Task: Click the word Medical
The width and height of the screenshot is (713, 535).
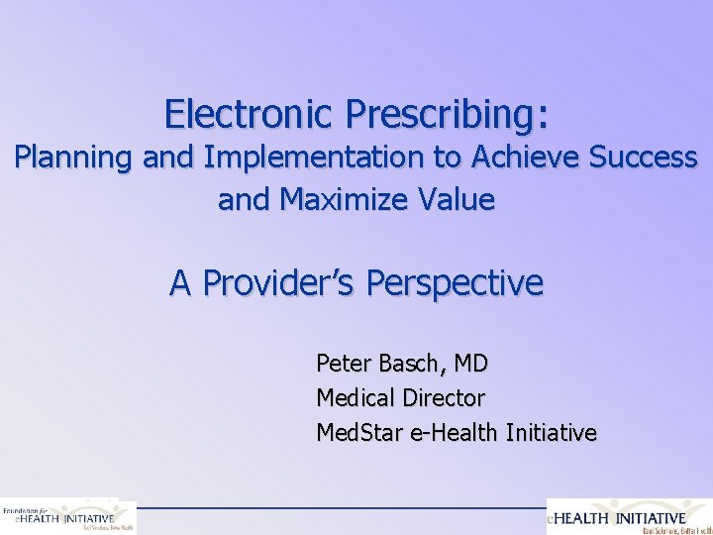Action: tap(357, 398)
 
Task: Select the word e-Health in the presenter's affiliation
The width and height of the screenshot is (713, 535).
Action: tap(454, 433)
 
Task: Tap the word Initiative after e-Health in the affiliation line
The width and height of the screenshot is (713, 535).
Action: tap(551, 433)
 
